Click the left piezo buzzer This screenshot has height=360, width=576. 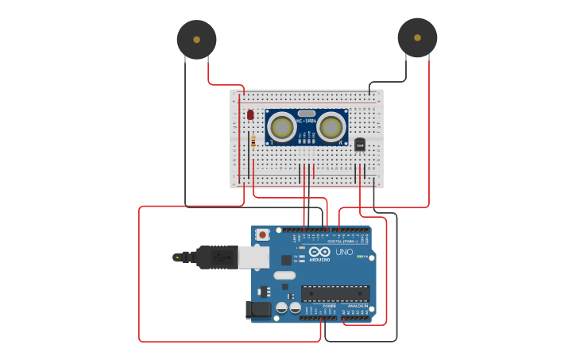tap(196, 39)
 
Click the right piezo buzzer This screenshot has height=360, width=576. tap(417, 37)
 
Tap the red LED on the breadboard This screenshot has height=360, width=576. tap(250, 114)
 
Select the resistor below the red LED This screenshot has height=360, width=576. tap(253, 141)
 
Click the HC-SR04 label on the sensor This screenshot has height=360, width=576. tap(307, 121)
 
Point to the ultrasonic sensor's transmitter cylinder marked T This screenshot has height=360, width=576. tap(281, 126)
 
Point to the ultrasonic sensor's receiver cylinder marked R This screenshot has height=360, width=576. tap(331, 126)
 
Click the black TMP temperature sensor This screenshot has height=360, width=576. tap(360, 145)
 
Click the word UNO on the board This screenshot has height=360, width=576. tap(344, 252)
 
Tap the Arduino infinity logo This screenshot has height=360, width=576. tap(319, 252)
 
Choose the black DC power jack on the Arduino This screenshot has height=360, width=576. tap(259, 310)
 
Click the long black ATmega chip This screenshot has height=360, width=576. tap(334, 293)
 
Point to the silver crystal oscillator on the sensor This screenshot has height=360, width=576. tap(307, 114)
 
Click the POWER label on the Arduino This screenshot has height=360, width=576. tap(329, 306)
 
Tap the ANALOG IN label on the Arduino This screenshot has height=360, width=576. tap(358, 306)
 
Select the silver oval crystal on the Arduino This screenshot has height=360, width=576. tap(284, 276)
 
